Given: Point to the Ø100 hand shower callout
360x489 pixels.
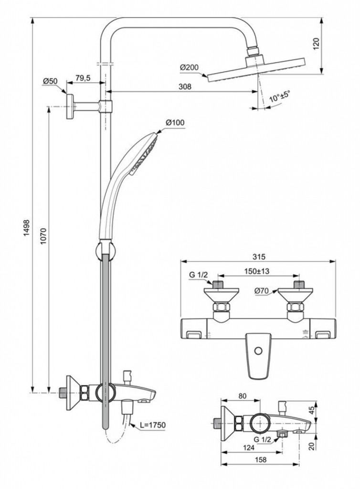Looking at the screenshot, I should pos(175,123).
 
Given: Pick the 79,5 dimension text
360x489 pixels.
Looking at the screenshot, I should pos(83,78).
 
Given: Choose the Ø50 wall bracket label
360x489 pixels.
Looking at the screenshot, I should pos(50,81).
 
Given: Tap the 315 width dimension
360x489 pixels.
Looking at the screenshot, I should pos(258,256).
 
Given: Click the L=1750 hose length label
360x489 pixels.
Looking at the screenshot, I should pos(150,425).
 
